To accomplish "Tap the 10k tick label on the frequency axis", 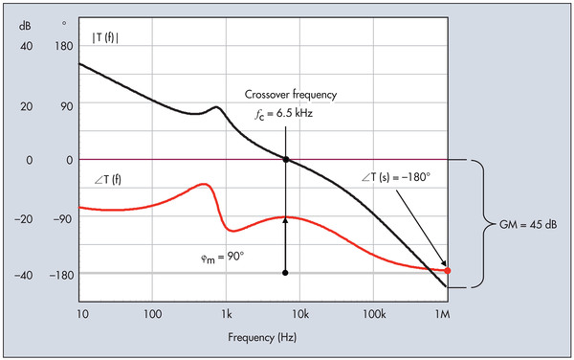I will (x=299, y=313).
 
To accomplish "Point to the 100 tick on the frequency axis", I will (x=151, y=313).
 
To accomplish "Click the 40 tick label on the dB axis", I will (x=26, y=45).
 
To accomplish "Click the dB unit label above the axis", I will (x=26, y=23).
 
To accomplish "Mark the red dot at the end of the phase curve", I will (x=447, y=271).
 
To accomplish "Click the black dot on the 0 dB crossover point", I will (x=285, y=159).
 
